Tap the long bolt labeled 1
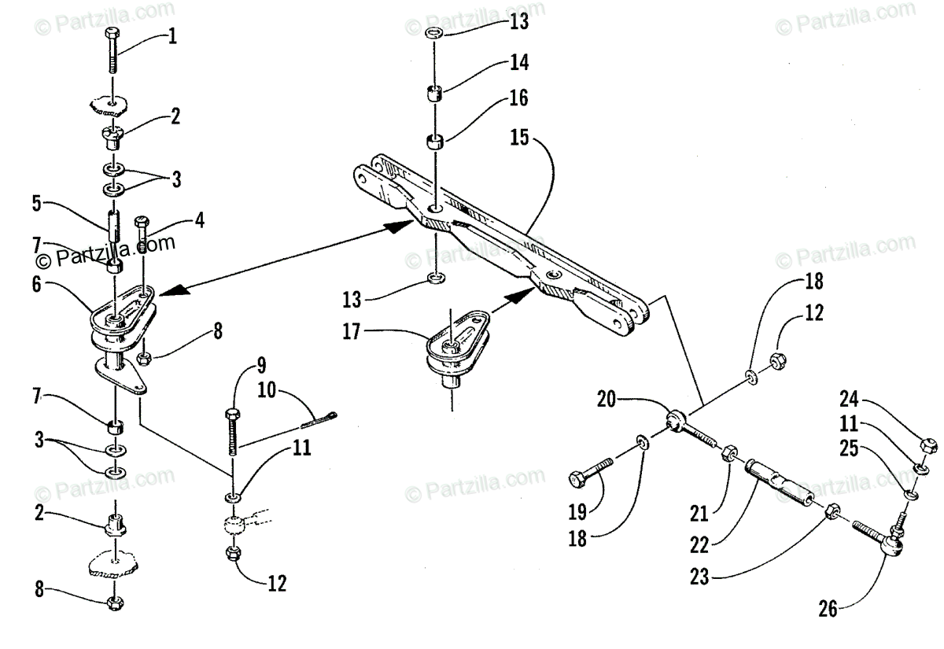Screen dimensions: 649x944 [x=111, y=52]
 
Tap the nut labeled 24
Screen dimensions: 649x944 [x=927, y=444]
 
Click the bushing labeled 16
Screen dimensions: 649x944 [x=435, y=143]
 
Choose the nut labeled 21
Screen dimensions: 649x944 [x=728, y=454]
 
